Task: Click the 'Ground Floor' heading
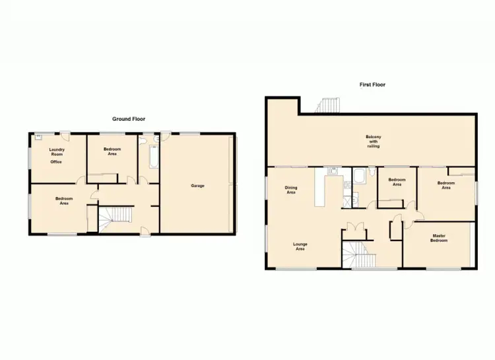(128, 119)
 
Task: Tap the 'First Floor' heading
(372, 85)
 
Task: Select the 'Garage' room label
(197, 186)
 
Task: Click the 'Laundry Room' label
(57, 153)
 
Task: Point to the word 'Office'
(57, 161)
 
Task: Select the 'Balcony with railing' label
(374, 141)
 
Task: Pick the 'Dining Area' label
(291, 190)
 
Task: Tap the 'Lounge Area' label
(300, 247)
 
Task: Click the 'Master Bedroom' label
(440, 238)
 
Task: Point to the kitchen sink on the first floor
(332, 173)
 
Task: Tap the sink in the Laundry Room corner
(39, 138)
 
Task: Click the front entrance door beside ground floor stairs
(144, 230)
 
